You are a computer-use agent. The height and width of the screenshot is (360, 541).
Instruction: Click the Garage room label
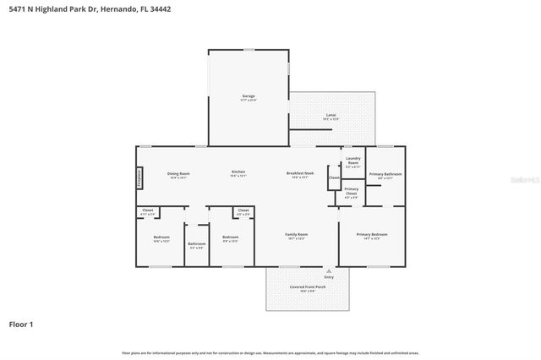(x=249, y=96)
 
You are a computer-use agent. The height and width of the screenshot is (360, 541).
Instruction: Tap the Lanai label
(x=331, y=115)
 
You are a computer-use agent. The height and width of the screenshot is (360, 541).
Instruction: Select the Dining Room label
(x=178, y=173)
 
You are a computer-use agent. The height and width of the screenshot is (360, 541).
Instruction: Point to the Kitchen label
(x=238, y=173)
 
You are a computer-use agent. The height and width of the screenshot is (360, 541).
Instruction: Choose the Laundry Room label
(x=352, y=161)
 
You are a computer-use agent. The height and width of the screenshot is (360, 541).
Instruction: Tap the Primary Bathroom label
(x=385, y=174)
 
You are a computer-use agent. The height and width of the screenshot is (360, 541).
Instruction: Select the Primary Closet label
(x=351, y=191)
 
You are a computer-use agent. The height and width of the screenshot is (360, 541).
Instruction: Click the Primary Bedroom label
(x=372, y=234)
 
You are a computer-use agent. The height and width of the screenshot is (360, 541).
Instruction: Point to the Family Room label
(x=296, y=234)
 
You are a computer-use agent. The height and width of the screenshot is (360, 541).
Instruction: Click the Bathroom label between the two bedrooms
(x=197, y=243)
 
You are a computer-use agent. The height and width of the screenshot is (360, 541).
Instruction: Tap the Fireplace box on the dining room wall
(x=139, y=177)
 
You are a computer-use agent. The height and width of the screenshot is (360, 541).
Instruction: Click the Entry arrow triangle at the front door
(x=329, y=270)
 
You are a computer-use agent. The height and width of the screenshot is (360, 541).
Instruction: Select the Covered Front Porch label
(x=308, y=287)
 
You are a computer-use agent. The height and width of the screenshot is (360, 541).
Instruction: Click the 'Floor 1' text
(x=21, y=324)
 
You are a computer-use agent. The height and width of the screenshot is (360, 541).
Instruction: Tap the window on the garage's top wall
(x=249, y=50)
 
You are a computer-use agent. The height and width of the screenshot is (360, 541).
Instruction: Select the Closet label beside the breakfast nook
(x=334, y=177)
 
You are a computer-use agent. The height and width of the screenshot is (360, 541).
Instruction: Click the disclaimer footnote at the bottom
(x=270, y=352)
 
